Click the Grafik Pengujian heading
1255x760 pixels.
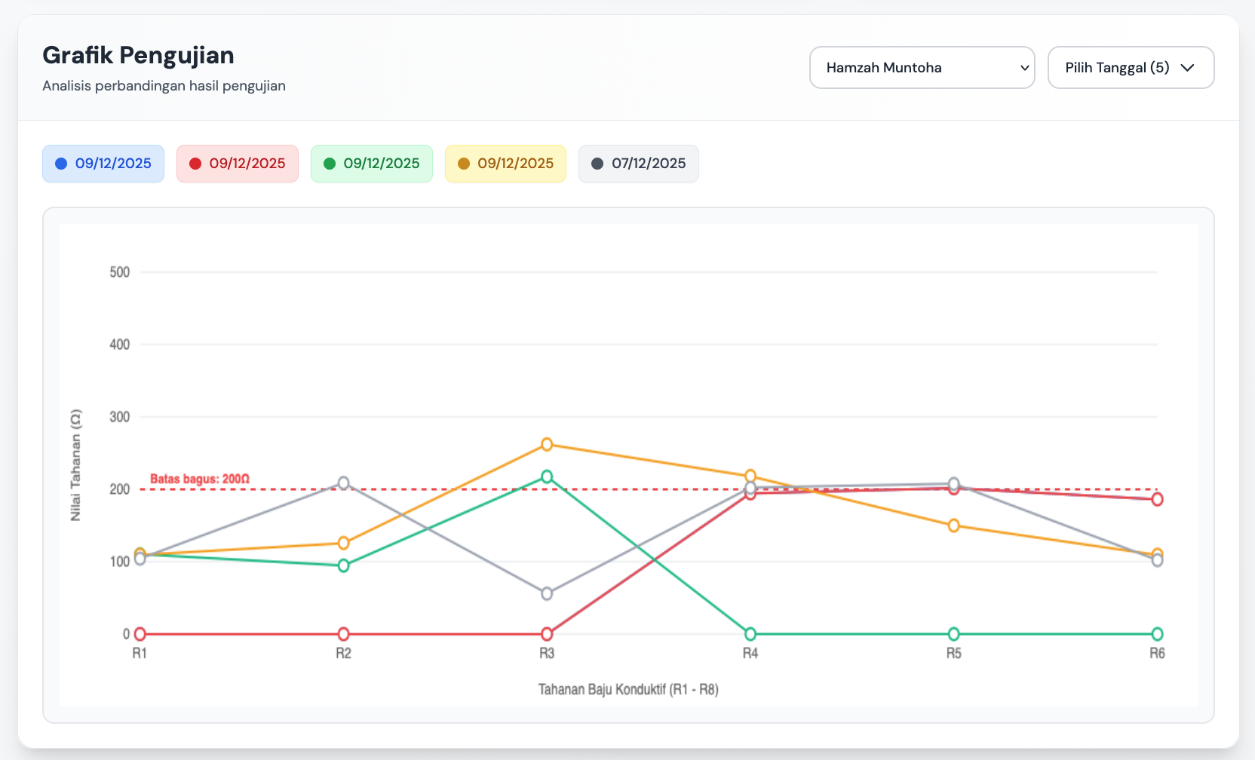138,55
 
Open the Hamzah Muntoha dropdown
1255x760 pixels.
922,68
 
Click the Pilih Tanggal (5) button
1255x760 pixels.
1131,68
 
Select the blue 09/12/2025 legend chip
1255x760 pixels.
103,164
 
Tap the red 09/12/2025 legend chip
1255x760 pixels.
238,164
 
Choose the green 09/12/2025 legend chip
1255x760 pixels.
372,164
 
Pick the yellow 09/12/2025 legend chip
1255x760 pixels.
505,164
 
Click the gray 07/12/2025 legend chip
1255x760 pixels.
639,164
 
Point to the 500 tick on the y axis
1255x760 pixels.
120,272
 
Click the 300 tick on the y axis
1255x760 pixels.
120,417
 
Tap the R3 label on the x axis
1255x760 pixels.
547,653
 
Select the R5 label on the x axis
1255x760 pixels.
954,653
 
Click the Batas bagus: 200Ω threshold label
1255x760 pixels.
200,479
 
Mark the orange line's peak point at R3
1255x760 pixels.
547,445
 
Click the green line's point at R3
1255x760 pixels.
547,477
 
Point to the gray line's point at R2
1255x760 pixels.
343,483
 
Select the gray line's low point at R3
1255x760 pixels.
547,594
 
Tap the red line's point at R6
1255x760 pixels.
1157,499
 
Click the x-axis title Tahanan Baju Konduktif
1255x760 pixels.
628,689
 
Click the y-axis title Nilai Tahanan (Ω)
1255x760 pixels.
75,465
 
